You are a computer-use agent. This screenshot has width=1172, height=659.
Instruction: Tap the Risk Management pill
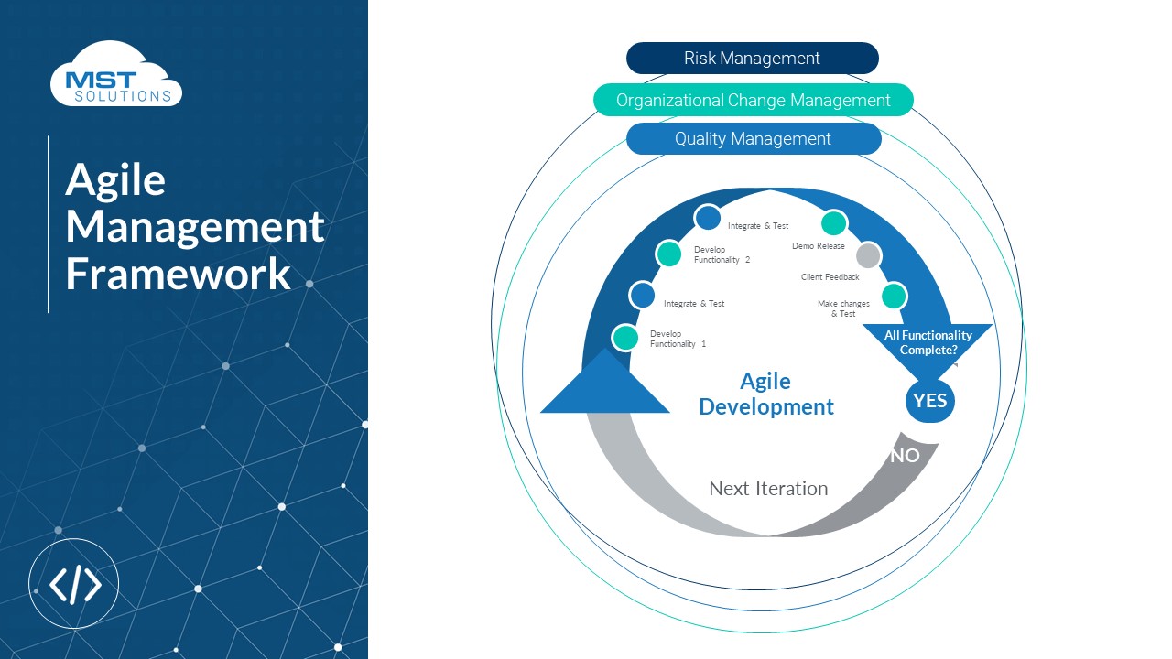[x=752, y=59]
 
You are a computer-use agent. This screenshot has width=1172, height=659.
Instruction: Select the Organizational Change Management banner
[x=753, y=100]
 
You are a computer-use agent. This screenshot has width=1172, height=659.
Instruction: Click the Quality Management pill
[x=753, y=139]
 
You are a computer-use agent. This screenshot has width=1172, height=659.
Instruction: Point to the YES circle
[x=929, y=401]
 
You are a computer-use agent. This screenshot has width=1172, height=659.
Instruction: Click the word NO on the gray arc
[x=905, y=455]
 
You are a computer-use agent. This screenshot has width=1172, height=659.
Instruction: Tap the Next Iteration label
[x=768, y=489]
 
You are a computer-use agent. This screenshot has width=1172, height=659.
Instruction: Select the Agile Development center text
[x=766, y=394]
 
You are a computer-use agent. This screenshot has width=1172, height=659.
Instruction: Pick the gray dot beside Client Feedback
[x=868, y=255]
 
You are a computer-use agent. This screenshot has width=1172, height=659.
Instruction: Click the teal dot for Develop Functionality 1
[x=625, y=338]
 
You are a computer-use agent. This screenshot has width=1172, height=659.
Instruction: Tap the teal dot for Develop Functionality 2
[x=669, y=254]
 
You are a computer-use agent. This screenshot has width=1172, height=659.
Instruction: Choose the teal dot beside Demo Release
[x=833, y=222]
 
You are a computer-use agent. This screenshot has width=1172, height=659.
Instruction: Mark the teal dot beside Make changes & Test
[x=894, y=296]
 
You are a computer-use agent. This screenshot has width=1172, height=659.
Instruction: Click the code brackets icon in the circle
[x=74, y=584]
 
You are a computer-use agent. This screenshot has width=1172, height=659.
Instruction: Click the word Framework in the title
[x=179, y=274]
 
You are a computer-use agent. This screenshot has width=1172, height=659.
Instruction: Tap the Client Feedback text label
[x=830, y=277]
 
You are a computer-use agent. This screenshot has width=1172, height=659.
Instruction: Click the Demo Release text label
[x=818, y=246]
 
